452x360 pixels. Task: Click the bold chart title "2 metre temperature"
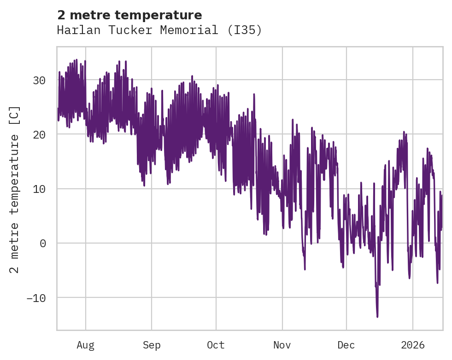(129, 15)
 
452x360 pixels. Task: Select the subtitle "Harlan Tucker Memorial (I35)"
(159, 30)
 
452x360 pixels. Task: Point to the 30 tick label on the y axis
(39, 80)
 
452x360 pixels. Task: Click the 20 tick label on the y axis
(39, 134)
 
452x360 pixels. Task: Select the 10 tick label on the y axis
(39, 189)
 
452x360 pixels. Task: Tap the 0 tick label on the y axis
(43, 244)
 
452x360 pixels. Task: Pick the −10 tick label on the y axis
(36, 298)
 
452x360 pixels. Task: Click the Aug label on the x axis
(85, 345)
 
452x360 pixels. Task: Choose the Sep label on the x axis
(152, 345)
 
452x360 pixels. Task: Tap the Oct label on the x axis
(216, 345)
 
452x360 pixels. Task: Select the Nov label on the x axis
(282, 345)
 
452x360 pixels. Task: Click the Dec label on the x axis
(346, 345)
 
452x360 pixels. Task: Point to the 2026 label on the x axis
(413, 345)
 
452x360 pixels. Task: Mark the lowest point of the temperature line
(377, 317)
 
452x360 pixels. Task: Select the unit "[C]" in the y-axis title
(15, 116)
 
